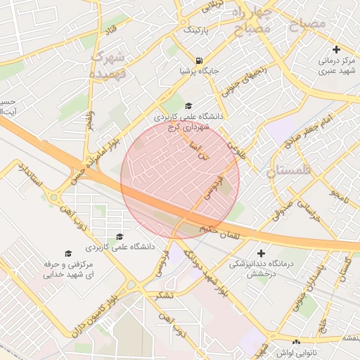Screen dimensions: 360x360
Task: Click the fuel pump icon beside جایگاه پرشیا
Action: (201, 60)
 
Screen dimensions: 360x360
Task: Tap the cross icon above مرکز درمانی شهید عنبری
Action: (337, 49)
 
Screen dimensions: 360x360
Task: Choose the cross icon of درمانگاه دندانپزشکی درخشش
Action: (262, 252)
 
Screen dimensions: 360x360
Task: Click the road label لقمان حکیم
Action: (219, 235)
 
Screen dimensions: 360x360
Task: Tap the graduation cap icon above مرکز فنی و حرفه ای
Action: (68, 253)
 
